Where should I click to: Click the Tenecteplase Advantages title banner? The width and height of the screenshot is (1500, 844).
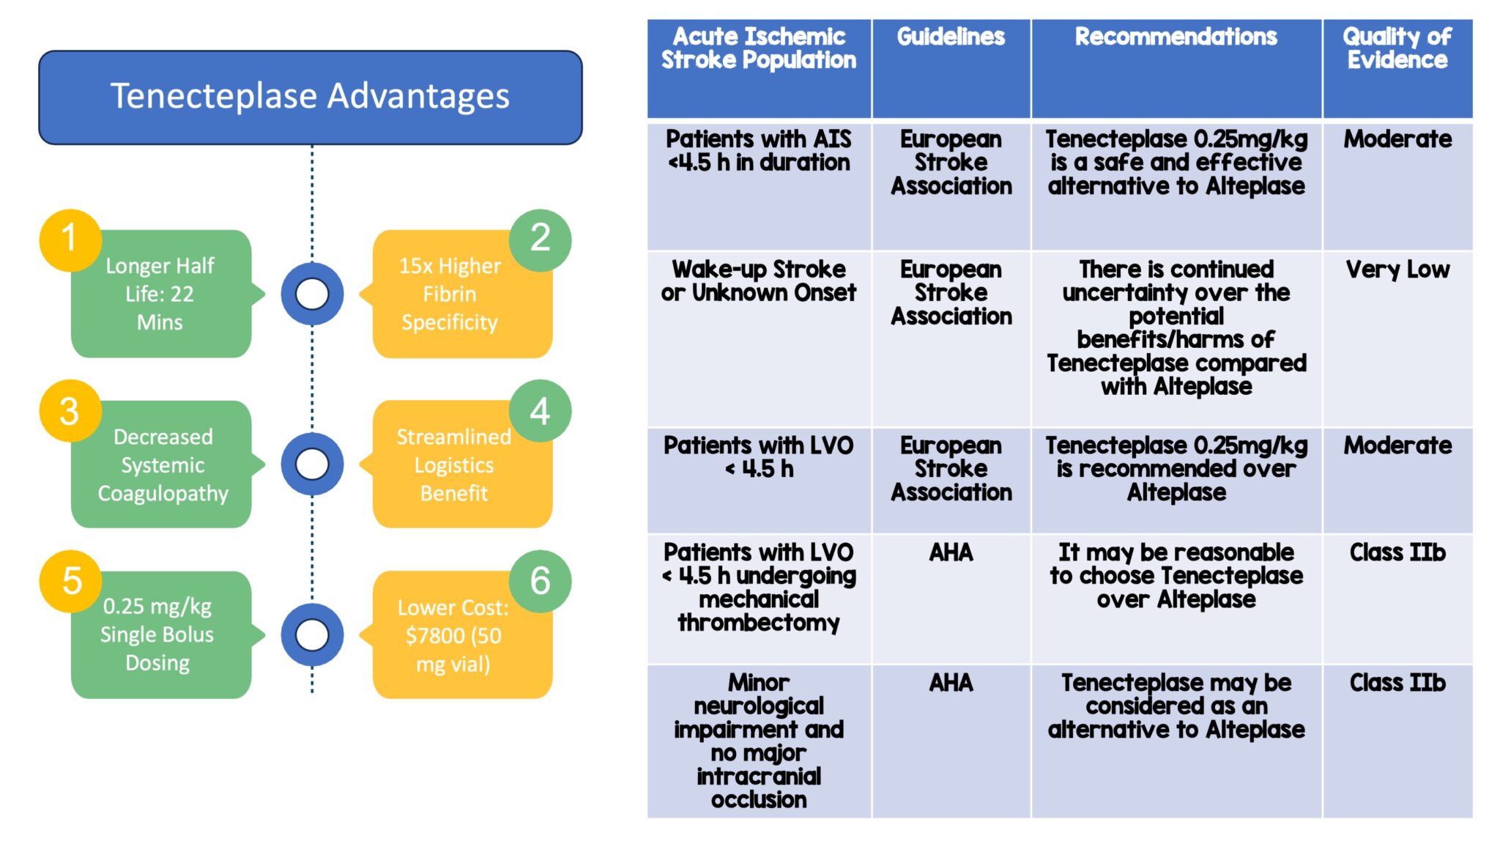pos(310,97)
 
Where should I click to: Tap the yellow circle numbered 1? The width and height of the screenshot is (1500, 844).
pos(70,240)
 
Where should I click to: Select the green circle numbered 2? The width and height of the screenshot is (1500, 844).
pos(540,240)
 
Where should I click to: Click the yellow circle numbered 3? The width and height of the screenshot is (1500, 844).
pos(70,411)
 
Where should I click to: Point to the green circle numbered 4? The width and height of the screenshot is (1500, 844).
pos(540,411)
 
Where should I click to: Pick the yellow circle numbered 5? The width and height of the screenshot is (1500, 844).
pos(71,581)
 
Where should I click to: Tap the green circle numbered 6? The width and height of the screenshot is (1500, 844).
pos(540,581)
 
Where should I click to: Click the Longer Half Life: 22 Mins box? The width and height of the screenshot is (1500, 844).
pos(161,295)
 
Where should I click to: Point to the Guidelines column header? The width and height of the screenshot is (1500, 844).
pos(951,68)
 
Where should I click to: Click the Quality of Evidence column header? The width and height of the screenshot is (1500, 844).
pos(1397,68)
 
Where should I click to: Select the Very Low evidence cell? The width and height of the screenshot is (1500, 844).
pos(1397,338)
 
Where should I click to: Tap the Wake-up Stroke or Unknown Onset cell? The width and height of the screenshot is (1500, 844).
pos(759,338)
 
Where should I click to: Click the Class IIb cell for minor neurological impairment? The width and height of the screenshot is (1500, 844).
pos(1397,740)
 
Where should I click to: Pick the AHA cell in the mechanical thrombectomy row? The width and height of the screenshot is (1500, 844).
pos(951,598)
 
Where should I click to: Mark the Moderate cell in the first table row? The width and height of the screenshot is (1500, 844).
pos(1397,185)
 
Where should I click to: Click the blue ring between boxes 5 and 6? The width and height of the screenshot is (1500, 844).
pos(312,634)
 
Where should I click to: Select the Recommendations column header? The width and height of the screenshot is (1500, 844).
pos(1176,68)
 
